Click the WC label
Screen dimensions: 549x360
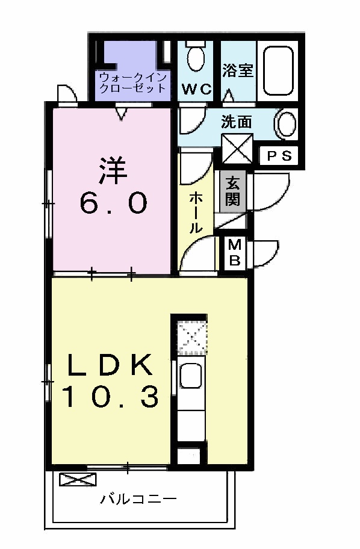(x=197, y=89)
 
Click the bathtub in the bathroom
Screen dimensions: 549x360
(x=278, y=70)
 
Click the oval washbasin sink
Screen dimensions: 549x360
(x=287, y=124)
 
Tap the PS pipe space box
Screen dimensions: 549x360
(x=278, y=156)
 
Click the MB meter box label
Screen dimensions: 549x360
(x=235, y=253)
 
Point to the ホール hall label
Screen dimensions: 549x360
(x=196, y=212)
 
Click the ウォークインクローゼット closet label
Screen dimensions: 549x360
(x=132, y=82)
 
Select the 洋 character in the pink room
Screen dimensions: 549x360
(x=113, y=170)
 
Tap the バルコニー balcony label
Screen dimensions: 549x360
(x=138, y=499)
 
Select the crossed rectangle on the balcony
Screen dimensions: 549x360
(x=78, y=480)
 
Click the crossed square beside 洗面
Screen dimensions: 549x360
(x=237, y=148)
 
